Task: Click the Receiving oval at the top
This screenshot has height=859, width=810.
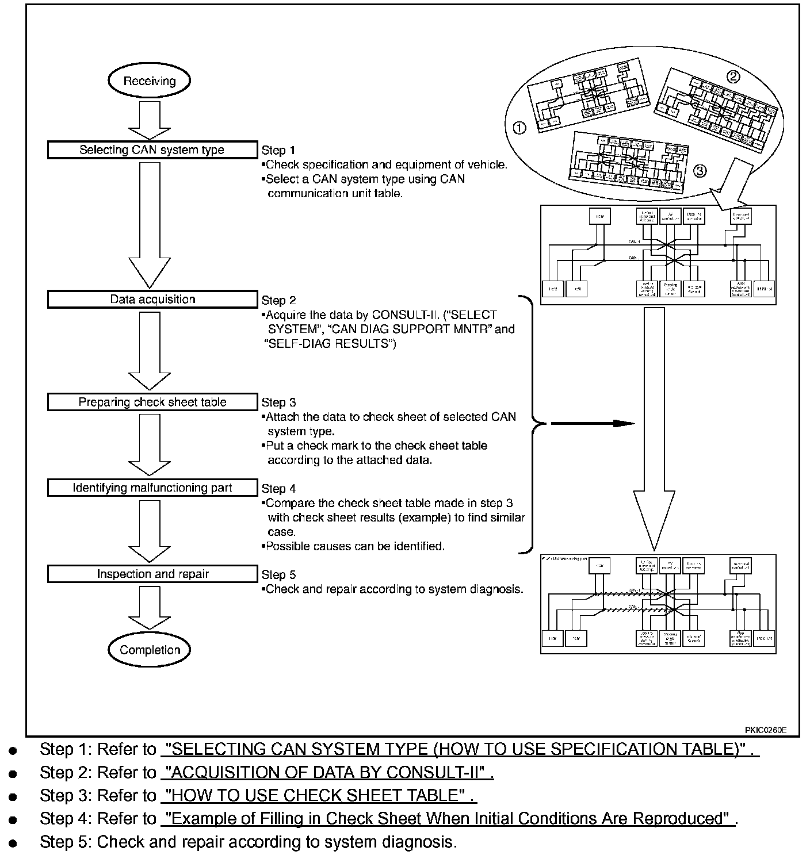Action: coord(149,81)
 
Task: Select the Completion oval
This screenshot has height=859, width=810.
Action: coord(150,650)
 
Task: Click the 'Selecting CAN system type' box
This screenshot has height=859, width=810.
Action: coord(152,150)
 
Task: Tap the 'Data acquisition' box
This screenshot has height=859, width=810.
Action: coord(152,299)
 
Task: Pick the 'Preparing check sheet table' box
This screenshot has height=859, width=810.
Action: coord(152,402)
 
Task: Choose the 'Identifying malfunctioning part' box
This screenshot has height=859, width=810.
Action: coord(152,488)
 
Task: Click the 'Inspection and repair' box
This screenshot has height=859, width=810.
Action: coord(152,574)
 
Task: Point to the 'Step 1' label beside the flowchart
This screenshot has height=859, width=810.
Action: coord(278,151)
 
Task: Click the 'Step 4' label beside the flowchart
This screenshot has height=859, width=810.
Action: coord(278,489)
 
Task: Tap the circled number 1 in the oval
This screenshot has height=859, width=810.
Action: coord(519,128)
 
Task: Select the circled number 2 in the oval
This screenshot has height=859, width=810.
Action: coord(733,76)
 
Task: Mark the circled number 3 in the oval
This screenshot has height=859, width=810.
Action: coord(700,171)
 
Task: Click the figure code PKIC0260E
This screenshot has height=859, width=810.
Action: coord(765,730)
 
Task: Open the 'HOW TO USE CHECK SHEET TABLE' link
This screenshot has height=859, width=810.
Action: coord(318,795)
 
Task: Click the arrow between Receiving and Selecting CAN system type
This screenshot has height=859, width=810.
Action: coord(149,122)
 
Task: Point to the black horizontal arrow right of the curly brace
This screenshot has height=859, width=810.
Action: coord(593,424)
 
